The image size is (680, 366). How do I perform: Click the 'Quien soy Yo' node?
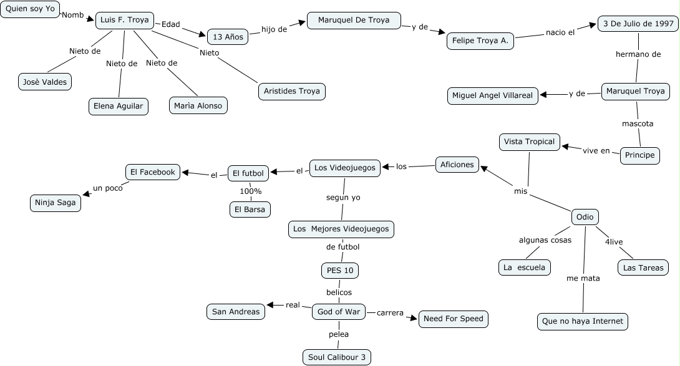[x=30, y=9]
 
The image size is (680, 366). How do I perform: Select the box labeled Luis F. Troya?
[x=125, y=21]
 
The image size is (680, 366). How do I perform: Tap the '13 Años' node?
[x=227, y=37]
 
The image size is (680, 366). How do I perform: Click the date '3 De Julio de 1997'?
[x=637, y=24]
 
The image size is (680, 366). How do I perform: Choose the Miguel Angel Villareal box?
[x=493, y=95]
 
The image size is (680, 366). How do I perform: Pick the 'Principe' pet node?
[x=639, y=155]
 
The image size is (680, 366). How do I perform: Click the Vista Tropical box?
[x=528, y=142]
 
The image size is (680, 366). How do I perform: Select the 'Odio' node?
[x=585, y=217]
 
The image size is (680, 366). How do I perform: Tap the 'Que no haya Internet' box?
[x=583, y=322]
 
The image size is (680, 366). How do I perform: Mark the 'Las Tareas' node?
[x=643, y=267]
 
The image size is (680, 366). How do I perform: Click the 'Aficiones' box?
[x=457, y=165]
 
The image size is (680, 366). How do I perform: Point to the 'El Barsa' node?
[x=250, y=209]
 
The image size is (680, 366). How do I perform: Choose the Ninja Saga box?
[x=56, y=203]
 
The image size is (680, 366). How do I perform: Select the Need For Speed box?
[x=453, y=319]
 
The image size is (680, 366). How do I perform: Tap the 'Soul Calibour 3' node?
[x=338, y=357]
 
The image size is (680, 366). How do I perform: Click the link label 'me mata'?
[x=583, y=278]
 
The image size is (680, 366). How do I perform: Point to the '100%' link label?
[x=251, y=191]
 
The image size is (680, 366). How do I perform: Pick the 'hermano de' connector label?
[x=638, y=54]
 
